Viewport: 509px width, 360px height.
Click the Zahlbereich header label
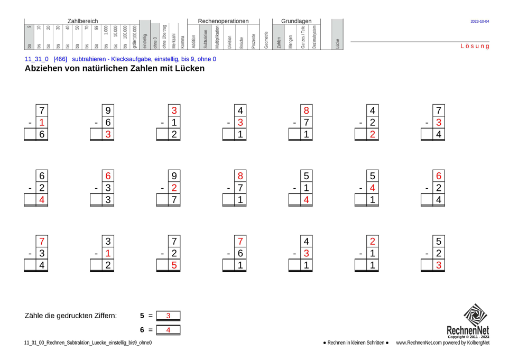click(82, 21)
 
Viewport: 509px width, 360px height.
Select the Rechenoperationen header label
click(224, 21)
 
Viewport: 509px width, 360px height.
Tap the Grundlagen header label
click(297, 21)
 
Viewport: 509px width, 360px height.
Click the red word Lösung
click(475, 46)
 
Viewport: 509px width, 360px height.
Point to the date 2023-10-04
click(480, 22)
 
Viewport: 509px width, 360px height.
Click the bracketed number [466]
click(60, 59)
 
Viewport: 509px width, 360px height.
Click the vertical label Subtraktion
click(206, 39)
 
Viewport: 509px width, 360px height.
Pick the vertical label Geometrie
click(266, 40)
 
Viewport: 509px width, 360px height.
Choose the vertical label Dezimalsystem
click(314, 37)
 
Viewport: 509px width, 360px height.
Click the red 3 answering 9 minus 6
click(108, 134)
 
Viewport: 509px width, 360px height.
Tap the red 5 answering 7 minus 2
click(174, 265)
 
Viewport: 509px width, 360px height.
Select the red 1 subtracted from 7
click(42, 123)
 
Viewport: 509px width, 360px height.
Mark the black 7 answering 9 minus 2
click(174, 200)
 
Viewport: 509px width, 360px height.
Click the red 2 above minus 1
click(373, 241)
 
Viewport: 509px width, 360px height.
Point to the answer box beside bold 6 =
click(168, 330)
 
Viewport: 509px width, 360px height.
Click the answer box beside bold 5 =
click(168, 316)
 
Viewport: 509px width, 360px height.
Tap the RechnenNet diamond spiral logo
click(476, 315)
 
